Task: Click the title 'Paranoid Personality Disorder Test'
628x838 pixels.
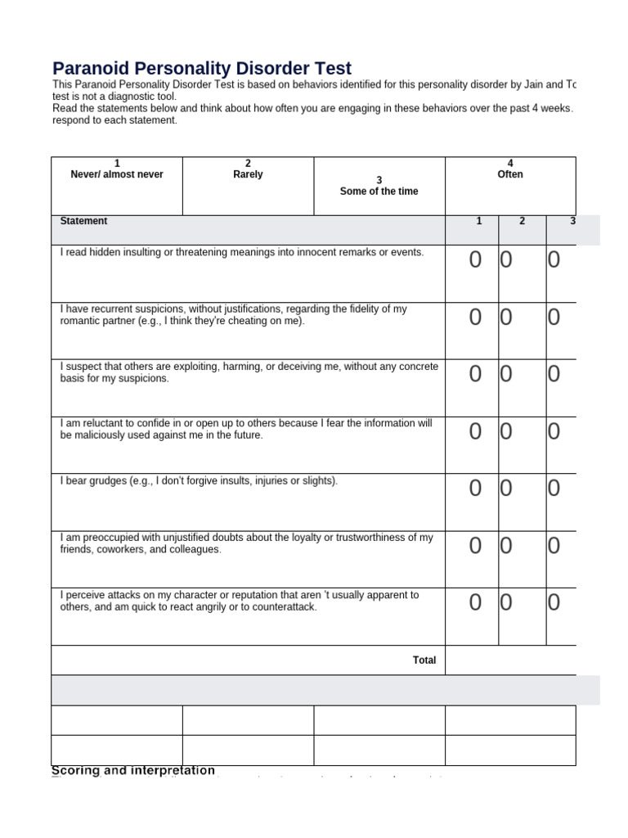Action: pos(202,69)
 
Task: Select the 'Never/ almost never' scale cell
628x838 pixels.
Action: pos(117,174)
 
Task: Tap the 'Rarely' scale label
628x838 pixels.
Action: pos(248,174)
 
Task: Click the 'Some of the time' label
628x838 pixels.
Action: pos(379,191)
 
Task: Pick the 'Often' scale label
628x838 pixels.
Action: pos(510,174)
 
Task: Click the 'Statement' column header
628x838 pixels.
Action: pos(83,221)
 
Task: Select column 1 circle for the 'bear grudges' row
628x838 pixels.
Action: pos(475,489)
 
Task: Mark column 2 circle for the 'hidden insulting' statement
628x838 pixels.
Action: pos(506,260)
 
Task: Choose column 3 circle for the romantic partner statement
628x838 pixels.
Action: pos(554,318)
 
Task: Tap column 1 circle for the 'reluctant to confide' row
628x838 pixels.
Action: pos(475,431)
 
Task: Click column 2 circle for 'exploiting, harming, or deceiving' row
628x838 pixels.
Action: pos(506,374)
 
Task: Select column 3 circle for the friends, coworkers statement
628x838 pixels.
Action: pos(554,546)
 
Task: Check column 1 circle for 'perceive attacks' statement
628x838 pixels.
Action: pos(475,603)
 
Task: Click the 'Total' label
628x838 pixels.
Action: pos(424,660)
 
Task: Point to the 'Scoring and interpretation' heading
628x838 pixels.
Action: pos(133,770)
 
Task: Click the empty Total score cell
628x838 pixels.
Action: pos(510,660)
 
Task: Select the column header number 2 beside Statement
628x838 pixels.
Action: pos(522,221)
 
